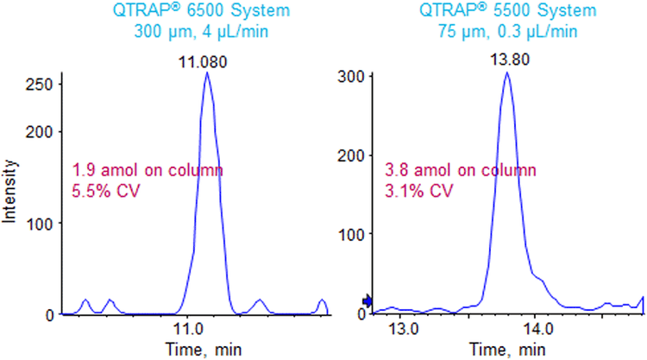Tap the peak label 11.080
(x=206, y=60)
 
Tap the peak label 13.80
(x=506, y=60)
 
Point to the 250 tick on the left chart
(x=40, y=85)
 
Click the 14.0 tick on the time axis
(x=535, y=329)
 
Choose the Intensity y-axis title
(x=10, y=193)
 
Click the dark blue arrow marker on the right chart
(x=367, y=300)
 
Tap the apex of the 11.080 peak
(x=207, y=73)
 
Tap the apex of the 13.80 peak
(x=506, y=73)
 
